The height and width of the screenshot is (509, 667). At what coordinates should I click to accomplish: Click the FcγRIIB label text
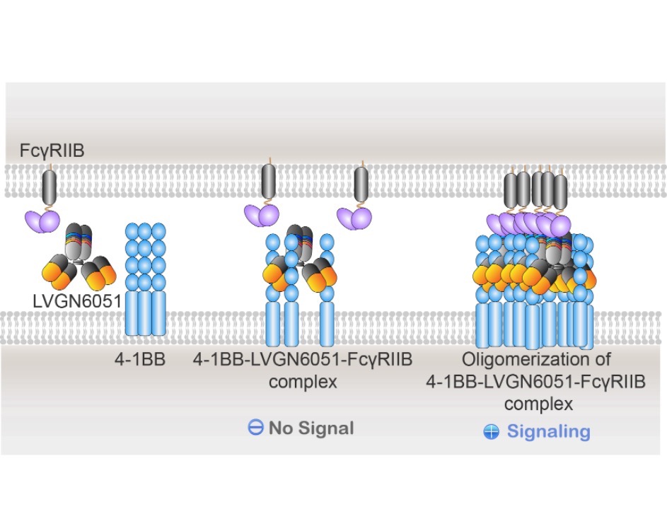click(52, 151)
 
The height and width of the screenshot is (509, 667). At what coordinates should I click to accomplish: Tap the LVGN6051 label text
click(77, 301)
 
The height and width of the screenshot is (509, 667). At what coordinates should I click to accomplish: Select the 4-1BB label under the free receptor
click(140, 360)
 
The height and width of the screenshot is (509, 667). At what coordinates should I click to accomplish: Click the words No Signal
click(311, 428)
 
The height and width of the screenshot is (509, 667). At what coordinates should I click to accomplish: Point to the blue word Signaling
click(548, 432)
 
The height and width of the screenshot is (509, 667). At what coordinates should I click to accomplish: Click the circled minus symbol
click(255, 427)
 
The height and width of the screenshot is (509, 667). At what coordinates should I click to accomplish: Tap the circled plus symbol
click(492, 432)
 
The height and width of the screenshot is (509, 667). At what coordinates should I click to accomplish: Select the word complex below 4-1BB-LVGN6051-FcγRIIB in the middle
click(303, 382)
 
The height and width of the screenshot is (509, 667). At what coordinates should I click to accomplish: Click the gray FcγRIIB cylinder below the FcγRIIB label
click(50, 187)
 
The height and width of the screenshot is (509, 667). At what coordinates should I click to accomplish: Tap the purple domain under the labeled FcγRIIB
click(42, 221)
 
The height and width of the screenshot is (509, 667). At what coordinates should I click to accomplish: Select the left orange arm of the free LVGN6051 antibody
click(59, 271)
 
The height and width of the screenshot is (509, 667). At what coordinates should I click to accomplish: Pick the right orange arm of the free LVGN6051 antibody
click(100, 271)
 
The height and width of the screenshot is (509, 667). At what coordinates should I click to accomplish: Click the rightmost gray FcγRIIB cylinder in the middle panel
click(361, 184)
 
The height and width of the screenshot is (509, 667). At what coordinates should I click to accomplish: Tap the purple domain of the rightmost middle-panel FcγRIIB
click(354, 218)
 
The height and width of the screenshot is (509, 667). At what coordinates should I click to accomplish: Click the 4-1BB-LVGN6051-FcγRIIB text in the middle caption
click(303, 360)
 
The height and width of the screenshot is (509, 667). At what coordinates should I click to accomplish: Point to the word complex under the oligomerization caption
click(538, 404)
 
